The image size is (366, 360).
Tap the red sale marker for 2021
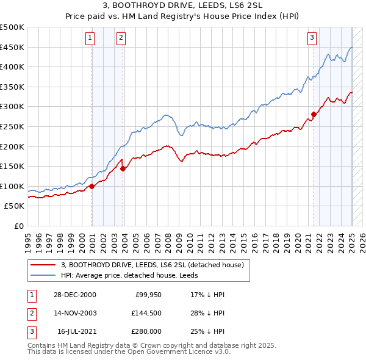(x=314, y=114)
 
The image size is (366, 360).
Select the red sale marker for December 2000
(x=92, y=186)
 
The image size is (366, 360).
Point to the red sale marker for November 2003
(x=123, y=168)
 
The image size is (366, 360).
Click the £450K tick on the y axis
(x=12, y=47)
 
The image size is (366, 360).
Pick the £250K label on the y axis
(x=12, y=126)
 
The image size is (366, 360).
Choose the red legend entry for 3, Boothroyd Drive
(x=152, y=265)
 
